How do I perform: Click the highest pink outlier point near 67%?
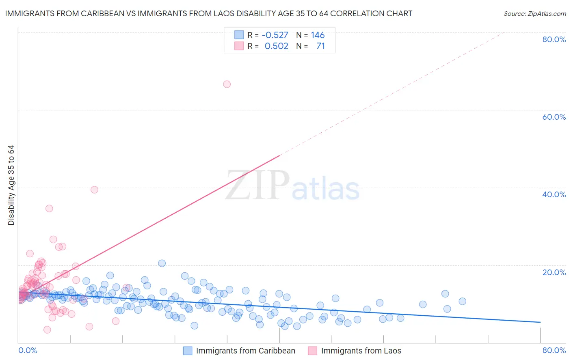227,84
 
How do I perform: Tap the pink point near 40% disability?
94,190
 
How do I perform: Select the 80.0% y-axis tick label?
554,39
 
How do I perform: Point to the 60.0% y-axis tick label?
554,117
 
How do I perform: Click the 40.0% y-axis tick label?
554,194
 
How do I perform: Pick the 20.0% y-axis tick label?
554,272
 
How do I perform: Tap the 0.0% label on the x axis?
28,350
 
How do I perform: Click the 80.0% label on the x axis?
554,350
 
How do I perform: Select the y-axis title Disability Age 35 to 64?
11,185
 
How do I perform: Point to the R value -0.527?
275,35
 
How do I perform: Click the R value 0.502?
276,46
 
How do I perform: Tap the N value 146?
318,35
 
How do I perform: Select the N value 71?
320,46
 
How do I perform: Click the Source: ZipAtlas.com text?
534,13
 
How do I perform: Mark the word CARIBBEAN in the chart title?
113,13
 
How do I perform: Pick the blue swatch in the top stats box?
239,35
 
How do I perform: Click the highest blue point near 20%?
162,263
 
